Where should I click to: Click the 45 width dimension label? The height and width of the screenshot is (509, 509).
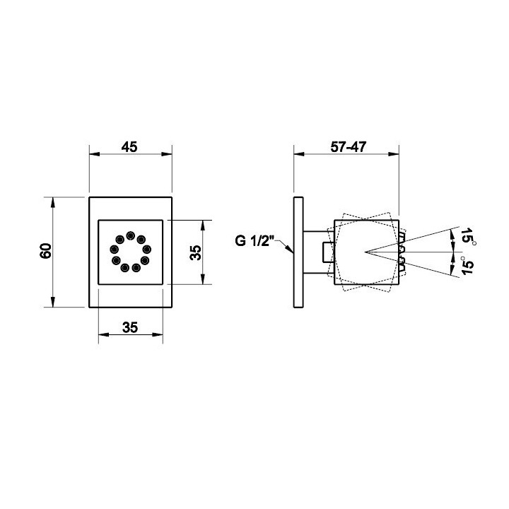[129, 147]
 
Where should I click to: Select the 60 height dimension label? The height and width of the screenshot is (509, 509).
[46, 251]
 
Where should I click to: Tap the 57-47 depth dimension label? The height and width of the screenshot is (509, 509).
[349, 147]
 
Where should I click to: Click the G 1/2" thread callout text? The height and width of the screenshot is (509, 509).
[252, 241]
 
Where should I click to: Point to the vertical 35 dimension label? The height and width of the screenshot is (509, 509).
[195, 252]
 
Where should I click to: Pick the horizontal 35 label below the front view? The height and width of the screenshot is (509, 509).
[130, 327]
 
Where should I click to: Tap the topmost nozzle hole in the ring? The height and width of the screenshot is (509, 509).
[131, 235]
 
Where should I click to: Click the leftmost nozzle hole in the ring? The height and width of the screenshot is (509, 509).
[114, 250]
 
